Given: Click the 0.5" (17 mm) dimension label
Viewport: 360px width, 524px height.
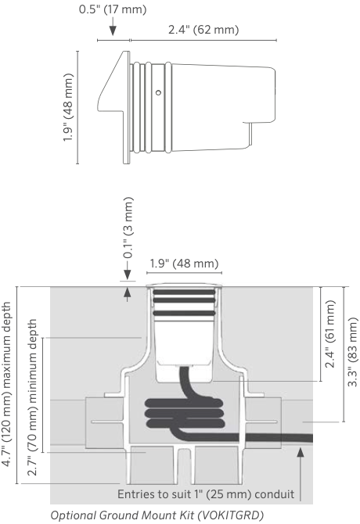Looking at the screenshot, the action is [113, 9].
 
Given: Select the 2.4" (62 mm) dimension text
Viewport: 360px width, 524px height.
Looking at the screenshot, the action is [203, 30].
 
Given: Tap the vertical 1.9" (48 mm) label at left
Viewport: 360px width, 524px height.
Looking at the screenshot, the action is [68, 107].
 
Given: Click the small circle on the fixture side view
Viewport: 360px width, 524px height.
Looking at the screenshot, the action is [158, 92].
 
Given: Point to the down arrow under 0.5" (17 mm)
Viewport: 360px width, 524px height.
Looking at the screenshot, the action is [113, 27].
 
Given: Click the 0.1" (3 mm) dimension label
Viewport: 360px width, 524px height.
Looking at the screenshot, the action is [128, 228].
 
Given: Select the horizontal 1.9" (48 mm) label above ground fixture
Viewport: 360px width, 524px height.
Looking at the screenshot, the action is [184, 264].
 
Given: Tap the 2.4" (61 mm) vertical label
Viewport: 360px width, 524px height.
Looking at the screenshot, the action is [330, 333].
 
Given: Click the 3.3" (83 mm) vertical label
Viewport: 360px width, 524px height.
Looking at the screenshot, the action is [353, 352].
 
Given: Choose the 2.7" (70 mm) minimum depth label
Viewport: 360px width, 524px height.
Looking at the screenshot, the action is [32, 397].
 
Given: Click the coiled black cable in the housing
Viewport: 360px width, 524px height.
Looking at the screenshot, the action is [185, 414].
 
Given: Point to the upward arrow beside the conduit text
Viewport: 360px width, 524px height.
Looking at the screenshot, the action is [301, 474].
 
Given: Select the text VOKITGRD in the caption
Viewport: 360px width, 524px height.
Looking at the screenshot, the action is [230, 515].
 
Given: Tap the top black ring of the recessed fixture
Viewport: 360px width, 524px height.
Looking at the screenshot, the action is [184, 292].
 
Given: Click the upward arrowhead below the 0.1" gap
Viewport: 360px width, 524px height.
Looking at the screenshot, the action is [128, 292].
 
